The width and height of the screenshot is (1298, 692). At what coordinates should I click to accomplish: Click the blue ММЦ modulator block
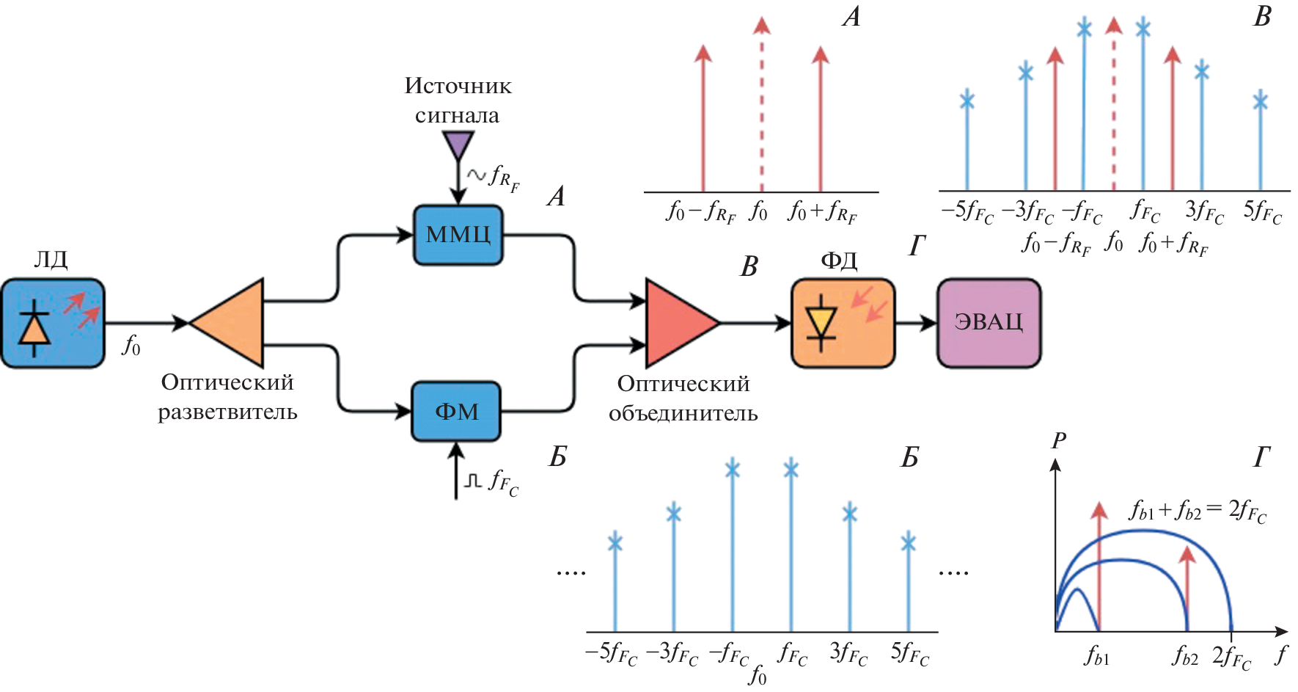pos(458,235)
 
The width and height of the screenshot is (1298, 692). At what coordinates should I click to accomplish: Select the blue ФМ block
pos(456,411)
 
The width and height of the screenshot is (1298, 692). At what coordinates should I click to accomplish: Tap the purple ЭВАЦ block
pos(989,322)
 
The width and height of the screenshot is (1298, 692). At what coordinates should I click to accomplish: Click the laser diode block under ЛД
pos(53,323)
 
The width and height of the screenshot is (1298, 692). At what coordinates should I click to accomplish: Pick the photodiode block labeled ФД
pos(843,323)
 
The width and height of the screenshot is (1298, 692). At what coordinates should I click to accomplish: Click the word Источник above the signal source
pos(458,86)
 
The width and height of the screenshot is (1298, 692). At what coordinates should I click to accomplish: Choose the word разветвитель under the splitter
pos(227,412)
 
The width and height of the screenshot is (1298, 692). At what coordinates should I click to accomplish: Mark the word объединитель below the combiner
pos(683,413)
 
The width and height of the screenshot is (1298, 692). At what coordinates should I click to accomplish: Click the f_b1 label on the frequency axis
pos(1096,655)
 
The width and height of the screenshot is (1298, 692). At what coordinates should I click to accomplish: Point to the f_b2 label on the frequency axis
pos(1184,655)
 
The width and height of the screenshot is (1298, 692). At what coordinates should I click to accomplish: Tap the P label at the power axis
pos(1058,440)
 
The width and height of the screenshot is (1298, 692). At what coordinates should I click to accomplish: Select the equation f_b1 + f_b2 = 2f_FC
pos(1198,511)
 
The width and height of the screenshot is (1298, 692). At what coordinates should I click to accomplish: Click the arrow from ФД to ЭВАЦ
pos(916,322)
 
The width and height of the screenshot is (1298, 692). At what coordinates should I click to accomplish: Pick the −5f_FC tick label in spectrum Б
pos(611,652)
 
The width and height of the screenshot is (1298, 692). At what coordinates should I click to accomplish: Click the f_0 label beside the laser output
pos(131,345)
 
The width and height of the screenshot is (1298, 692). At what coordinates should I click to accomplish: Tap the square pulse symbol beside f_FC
pos(473,481)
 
